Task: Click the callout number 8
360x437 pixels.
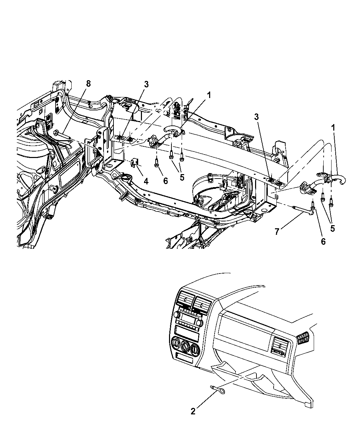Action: (88, 84)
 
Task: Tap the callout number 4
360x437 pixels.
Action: (146, 181)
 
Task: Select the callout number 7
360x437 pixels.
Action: (277, 231)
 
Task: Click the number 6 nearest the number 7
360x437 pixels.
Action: (323, 242)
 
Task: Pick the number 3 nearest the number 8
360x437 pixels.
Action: (146, 84)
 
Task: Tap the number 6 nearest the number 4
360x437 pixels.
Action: (166, 181)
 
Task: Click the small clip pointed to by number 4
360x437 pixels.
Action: (134, 162)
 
